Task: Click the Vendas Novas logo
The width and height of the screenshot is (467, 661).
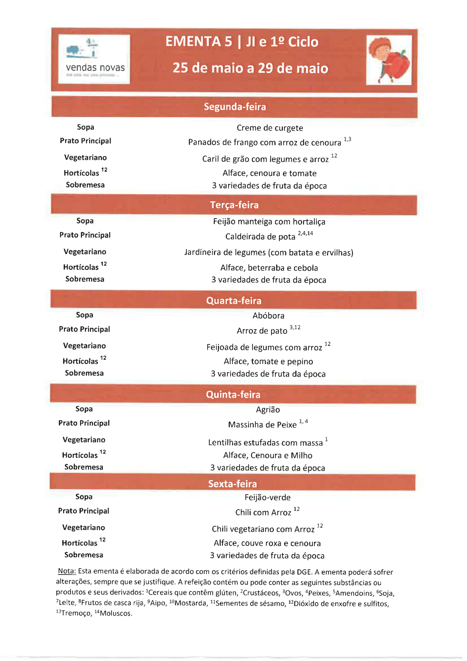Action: pos(94,59)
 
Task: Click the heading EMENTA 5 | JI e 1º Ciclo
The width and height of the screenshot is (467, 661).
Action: pos(242,42)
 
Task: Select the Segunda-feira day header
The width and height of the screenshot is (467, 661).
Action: pos(235,107)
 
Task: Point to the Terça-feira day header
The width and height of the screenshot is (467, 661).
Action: pos(234,205)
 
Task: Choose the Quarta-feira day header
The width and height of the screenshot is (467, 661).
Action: pos(234,301)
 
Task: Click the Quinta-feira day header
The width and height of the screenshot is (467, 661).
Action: pos(233,395)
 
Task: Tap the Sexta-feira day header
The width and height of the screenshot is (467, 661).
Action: pos(232,484)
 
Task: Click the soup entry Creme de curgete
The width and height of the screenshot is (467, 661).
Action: pos(270,128)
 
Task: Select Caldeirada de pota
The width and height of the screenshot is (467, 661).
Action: pos(260,237)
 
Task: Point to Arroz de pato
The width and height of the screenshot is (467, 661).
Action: pos(262,331)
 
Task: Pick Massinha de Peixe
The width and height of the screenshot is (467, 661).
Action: pos(262,425)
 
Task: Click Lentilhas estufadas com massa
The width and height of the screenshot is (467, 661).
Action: pos(265,443)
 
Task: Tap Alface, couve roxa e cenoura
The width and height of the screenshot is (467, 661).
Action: pos(267,543)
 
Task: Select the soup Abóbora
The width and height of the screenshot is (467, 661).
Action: pos(268,316)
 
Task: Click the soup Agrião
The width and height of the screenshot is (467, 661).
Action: pos(268,410)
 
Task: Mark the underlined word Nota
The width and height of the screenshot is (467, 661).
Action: pos(67,571)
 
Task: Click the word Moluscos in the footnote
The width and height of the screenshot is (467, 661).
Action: pos(115,614)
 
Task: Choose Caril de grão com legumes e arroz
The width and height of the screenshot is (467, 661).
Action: pos(265,159)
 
